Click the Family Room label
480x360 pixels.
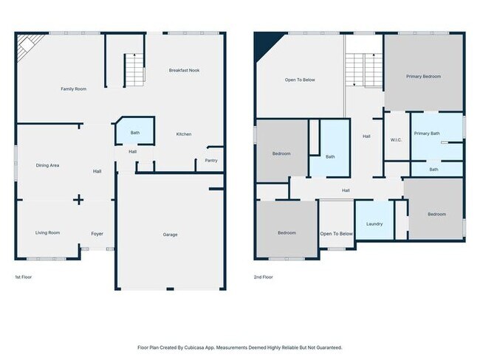73,89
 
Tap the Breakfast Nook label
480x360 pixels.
184,70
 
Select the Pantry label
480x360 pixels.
211,161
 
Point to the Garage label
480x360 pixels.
170,235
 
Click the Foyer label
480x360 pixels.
97,234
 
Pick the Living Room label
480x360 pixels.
47,233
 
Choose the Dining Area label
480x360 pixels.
47,165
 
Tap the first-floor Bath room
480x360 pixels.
135,131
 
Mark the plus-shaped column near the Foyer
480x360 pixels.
79,200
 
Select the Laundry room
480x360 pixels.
374,220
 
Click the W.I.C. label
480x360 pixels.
396,140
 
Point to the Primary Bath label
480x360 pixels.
427,134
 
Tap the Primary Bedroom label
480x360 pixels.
423,77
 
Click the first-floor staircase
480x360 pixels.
134,70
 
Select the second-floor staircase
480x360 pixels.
364,70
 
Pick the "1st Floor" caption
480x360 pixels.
24,277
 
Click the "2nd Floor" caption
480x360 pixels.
264,277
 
